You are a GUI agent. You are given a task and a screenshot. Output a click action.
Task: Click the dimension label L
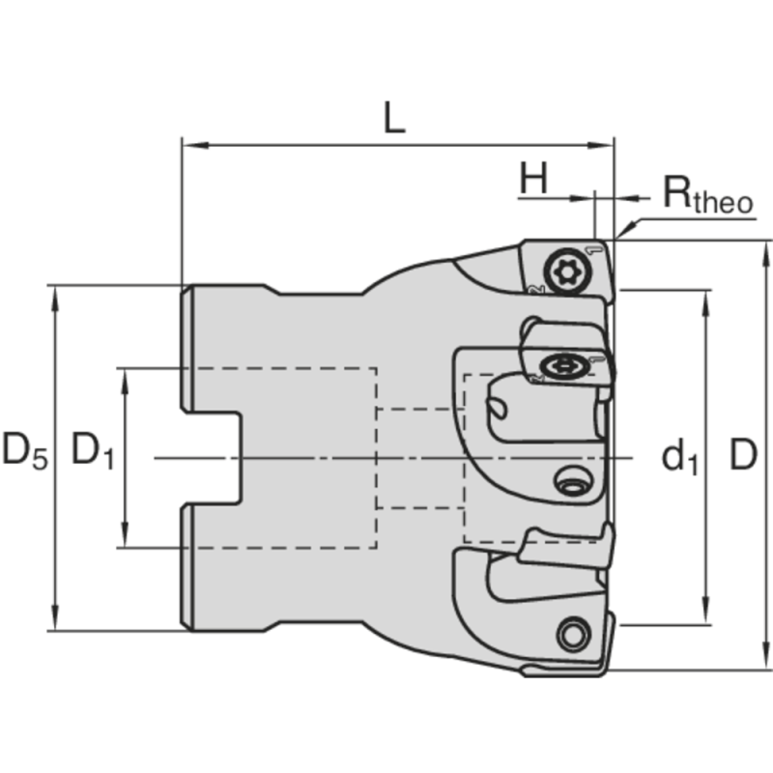pyautogui.click(x=392, y=118)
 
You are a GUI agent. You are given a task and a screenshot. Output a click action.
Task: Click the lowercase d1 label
pyautogui.click(x=678, y=457)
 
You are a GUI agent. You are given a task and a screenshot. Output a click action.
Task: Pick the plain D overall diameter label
pyautogui.click(x=741, y=455)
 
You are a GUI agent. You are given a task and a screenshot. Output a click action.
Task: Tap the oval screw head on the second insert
pyautogui.click(x=561, y=366)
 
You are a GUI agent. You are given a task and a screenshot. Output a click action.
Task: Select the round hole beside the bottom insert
pyautogui.click(x=571, y=634)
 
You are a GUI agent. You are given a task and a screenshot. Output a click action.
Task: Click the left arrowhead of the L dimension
pyautogui.click(x=189, y=146)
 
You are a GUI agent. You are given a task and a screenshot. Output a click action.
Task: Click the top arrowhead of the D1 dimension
pyautogui.click(x=126, y=376)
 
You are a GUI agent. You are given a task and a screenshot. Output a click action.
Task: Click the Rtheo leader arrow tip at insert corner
pyautogui.click(x=618, y=237)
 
